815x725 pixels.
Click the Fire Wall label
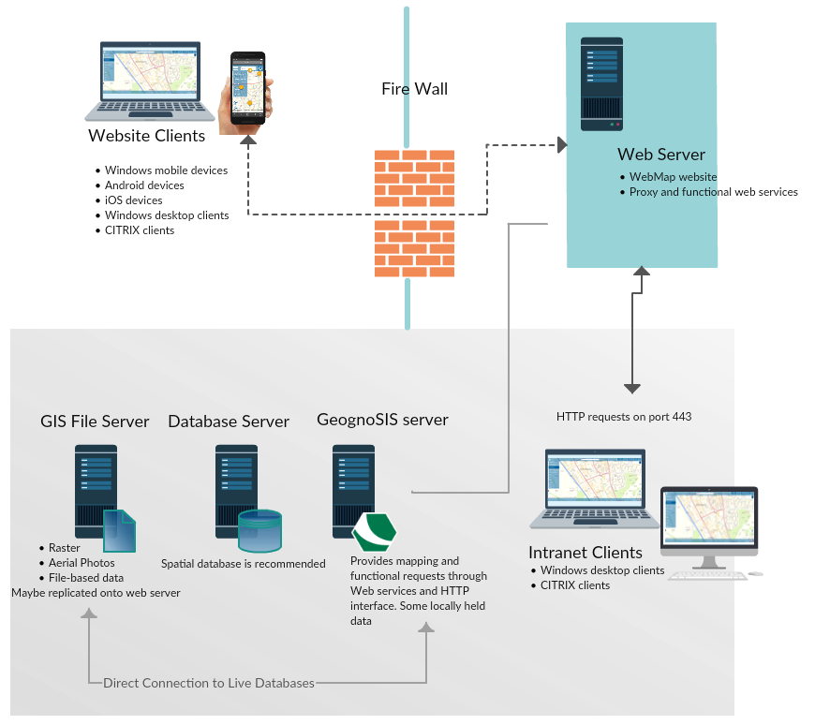point(414,89)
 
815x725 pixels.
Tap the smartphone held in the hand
point(248,88)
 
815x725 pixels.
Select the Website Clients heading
point(146,136)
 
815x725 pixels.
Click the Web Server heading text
point(661,155)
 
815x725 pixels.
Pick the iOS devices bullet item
point(134,200)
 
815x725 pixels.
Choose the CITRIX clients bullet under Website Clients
point(140,230)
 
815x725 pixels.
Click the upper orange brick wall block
point(414,178)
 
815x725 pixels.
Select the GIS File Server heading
point(95,422)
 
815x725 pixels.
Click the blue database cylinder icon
point(259,530)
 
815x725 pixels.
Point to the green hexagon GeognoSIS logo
point(374,532)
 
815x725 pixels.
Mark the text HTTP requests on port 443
point(624,416)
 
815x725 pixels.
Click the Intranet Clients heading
point(585,553)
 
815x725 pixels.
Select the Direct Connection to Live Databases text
point(208,683)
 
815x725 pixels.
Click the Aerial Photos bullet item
point(81,563)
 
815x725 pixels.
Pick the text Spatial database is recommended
point(244,564)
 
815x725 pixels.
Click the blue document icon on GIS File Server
point(120,530)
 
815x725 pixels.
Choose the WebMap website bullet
point(673,177)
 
